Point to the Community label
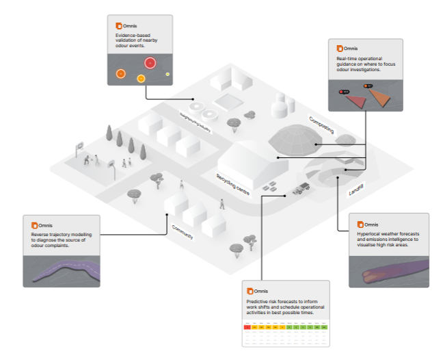[x=183, y=231]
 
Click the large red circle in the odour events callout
[x=150, y=63]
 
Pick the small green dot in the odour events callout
[x=167, y=74]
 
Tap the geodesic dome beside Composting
[x=295, y=138]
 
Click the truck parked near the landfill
[x=300, y=190]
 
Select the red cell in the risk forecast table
[x=247, y=328]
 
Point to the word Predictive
[x=258, y=301]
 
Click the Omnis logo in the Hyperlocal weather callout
[x=360, y=224]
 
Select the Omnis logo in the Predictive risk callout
[x=250, y=291]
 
